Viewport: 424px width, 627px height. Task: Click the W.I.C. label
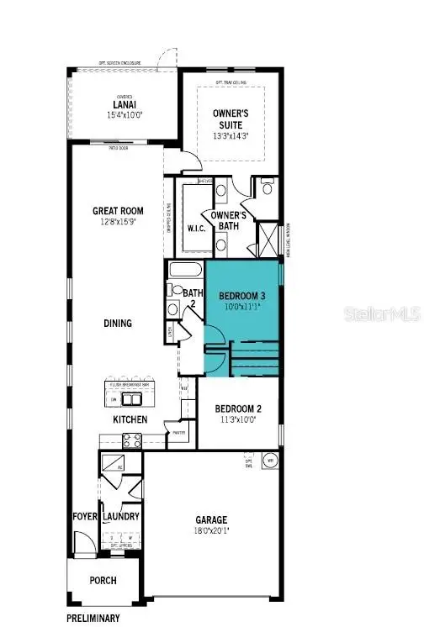[196, 227]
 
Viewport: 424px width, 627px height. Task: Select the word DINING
[118, 323]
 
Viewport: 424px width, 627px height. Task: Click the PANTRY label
[178, 434]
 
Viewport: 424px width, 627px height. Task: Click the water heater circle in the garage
[271, 461]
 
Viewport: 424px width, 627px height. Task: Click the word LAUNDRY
[120, 517]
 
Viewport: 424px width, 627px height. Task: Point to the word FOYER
[84, 517]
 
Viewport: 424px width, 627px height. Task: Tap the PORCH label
[103, 580]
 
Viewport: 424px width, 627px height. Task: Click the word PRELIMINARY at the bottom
[93, 618]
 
